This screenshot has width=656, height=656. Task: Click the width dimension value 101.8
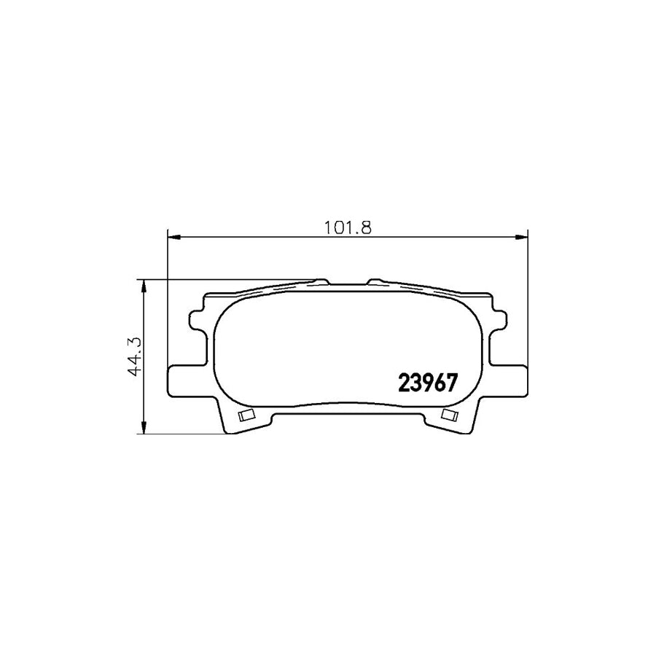348,226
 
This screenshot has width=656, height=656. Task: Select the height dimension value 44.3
133,356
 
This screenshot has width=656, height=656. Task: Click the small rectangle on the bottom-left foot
246,416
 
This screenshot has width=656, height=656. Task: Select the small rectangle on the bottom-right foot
449,415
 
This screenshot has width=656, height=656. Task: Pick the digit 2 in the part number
405,383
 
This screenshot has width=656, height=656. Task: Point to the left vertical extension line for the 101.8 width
168,306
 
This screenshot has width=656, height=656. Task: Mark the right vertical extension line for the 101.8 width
527,306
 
